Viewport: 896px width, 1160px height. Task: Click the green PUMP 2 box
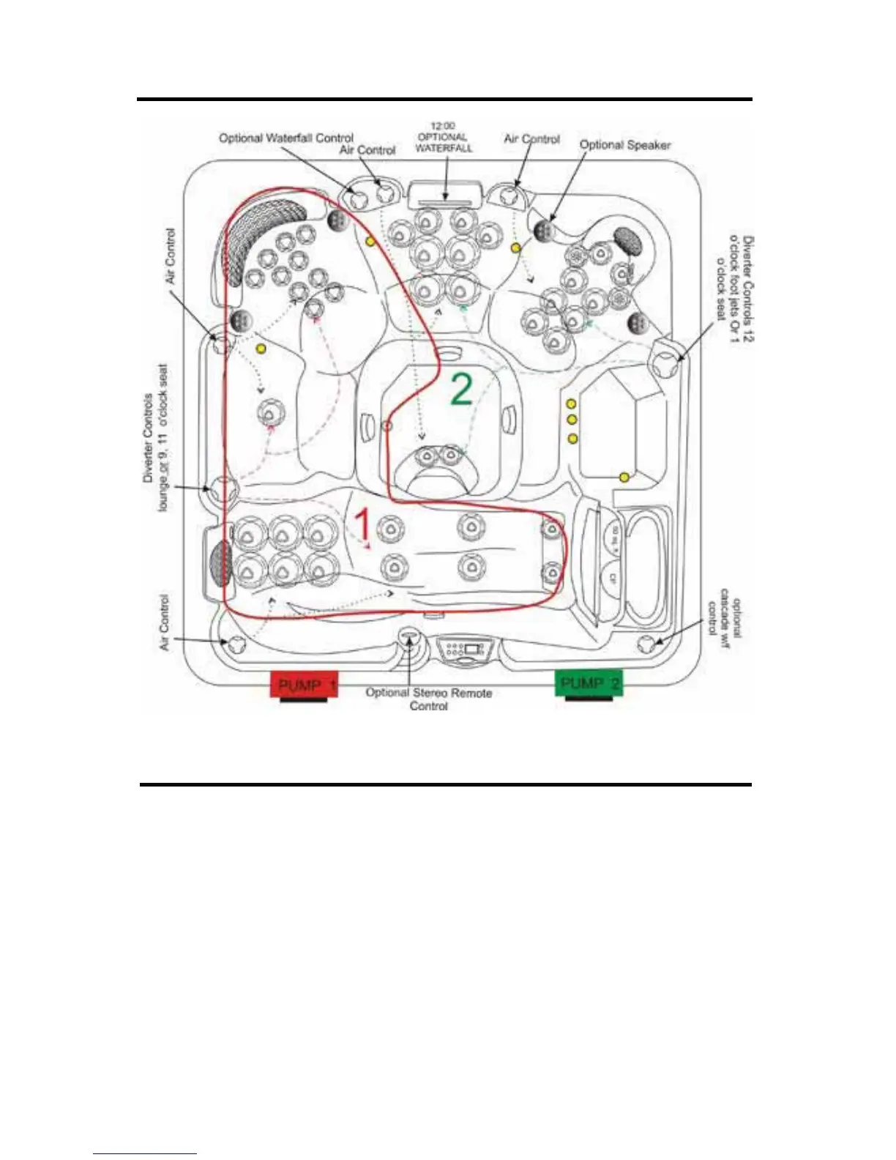pos(589,683)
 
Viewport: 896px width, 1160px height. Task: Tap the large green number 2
pos(461,390)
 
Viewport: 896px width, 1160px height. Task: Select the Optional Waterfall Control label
pos(286,138)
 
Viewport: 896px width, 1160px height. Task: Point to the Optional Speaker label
pos(625,145)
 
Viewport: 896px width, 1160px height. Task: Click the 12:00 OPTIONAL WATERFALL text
pos(444,137)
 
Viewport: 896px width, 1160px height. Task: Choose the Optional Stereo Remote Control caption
pos(429,699)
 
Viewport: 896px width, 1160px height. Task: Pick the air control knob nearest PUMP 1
pos(236,644)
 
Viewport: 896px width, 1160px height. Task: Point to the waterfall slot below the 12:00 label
pos(444,196)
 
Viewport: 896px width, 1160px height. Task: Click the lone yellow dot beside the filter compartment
pos(624,477)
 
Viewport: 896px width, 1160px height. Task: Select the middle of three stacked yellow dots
pos(572,420)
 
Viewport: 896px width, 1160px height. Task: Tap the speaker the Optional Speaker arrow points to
pos(543,231)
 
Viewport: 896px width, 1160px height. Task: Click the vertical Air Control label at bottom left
pos(164,622)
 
